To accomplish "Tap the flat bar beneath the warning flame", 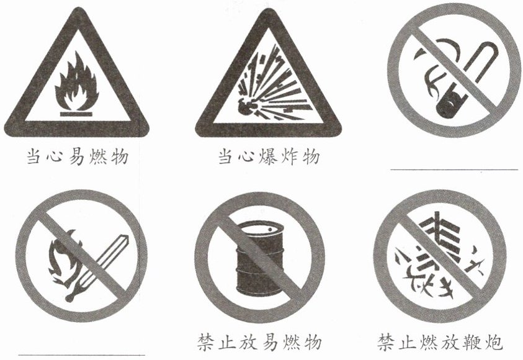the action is tap(76, 114).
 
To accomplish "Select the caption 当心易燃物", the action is tap(78, 157).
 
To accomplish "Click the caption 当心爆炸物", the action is tap(269, 157).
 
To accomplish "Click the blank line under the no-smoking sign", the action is tap(454, 169).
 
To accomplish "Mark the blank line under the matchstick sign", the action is tap(81, 355).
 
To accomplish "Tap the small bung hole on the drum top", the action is tap(270, 230).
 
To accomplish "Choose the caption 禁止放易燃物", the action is tap(259, 343).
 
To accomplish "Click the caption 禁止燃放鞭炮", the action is tap(440, 343).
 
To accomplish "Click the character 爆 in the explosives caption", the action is tap(268, 157).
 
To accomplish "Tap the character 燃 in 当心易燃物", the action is tap(99, 157).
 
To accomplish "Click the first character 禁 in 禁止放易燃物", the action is tap(207, 343).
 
